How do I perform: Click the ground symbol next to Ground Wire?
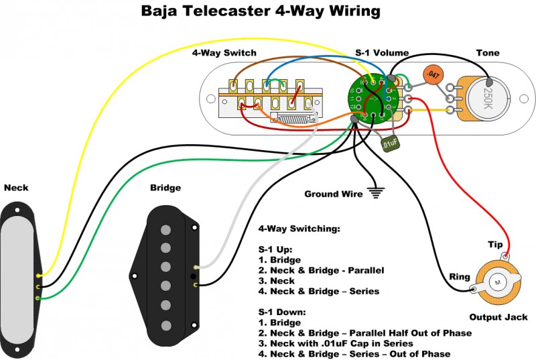click(377, 193)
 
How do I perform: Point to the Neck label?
click(16, 187)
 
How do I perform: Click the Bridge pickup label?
click(165, 188)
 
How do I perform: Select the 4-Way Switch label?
click(224, 53)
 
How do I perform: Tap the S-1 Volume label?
click(382, 53)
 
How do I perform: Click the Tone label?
click(487, 53)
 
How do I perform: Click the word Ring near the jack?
click(460, 276)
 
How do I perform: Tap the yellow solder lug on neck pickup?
click(39, 275)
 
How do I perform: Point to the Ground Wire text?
click(333, 194)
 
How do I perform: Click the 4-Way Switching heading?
click(299, 229)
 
